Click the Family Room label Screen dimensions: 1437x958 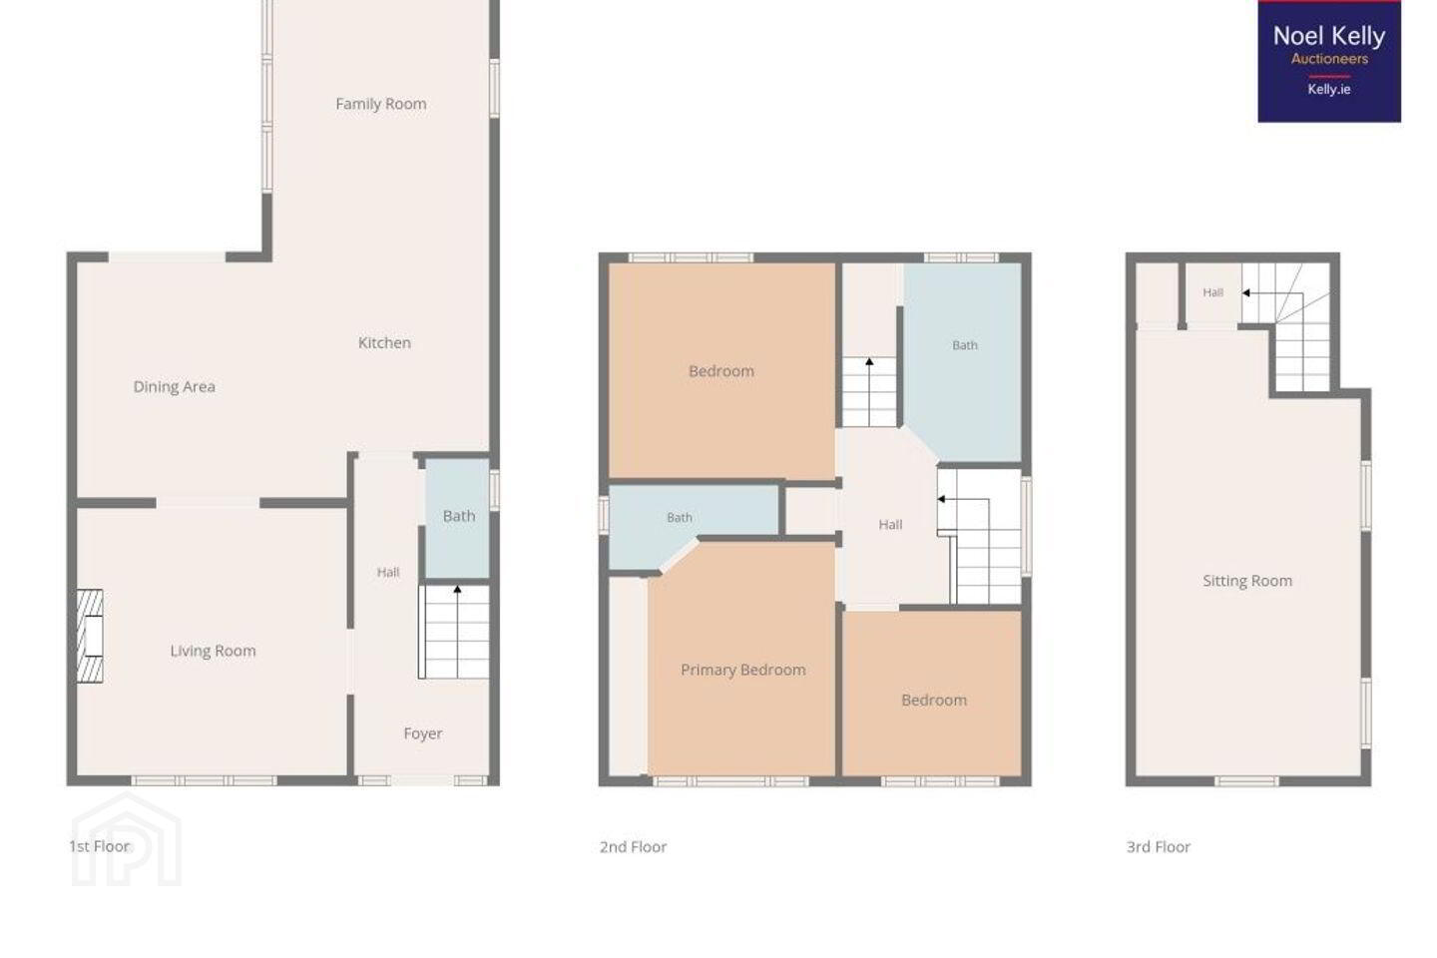381,104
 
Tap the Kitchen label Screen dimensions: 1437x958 384,342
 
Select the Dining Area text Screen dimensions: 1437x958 174,387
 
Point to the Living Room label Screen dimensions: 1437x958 213,651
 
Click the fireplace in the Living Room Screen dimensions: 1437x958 90,636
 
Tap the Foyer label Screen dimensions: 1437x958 423,733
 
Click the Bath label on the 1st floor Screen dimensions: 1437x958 459,516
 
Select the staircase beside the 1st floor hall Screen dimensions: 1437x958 454,632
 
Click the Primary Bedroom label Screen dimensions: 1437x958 742,670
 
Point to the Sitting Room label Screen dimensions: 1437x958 1247,581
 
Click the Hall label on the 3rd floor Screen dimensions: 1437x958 1212,292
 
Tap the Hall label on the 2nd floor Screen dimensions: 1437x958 890,525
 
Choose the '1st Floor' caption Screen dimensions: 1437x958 100,846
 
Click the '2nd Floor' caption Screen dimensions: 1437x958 633,847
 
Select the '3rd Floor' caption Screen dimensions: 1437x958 1159,847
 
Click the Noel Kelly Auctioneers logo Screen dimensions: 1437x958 1329,62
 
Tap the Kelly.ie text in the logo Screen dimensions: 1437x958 1329,89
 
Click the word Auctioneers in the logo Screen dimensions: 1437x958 1329,59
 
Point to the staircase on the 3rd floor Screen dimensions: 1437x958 1286,326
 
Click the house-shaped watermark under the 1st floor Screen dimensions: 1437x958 127,840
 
